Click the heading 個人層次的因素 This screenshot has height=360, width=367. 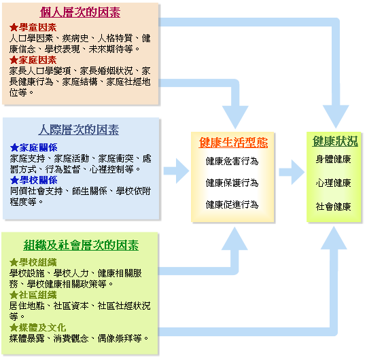80,12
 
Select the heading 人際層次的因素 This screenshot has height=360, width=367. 79,130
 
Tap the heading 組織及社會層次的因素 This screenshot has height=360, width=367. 81,245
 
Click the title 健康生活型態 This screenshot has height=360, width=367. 233,143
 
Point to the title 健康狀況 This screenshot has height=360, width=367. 335,141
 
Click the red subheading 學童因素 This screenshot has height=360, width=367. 37,28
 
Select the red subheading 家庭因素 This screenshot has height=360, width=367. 37,60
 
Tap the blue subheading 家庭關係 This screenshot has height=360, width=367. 38,147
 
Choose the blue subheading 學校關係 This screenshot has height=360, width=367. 38,180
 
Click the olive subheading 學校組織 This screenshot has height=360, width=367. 37,262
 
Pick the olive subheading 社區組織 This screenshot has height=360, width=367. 37,295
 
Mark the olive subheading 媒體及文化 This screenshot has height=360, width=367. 42,327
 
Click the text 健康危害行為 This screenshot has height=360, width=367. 232,162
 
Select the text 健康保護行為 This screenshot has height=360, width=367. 232,183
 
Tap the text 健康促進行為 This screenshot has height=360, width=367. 232,204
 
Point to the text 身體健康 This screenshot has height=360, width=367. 333,160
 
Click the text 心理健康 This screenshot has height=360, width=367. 333,183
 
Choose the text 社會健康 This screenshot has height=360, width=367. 333,206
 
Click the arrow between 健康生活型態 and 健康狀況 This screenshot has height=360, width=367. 292,172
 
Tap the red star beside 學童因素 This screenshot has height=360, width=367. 14,28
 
